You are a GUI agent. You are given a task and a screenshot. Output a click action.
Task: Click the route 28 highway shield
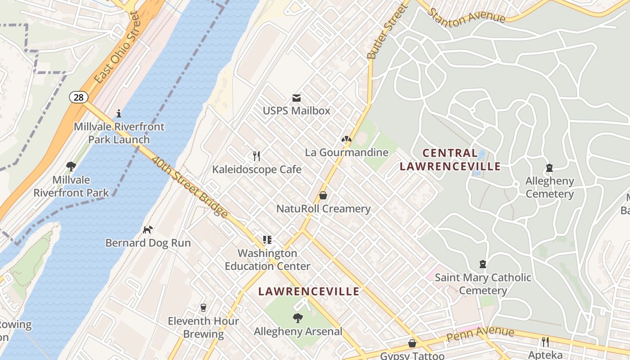click(78, 97)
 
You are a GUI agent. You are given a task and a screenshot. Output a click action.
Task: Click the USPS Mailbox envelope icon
click(297, 98)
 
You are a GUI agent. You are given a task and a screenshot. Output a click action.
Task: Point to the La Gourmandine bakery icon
click(346, 139)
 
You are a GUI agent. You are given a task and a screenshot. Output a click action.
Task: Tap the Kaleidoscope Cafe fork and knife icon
click(256, 156)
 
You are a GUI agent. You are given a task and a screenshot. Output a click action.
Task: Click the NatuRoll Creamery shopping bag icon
click(323, 195)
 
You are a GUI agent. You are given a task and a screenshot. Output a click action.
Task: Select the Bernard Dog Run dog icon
click(148, 229)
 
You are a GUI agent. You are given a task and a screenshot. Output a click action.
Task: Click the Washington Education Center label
click(267, 260)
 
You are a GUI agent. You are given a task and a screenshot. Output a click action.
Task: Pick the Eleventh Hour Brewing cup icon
click(203, 308)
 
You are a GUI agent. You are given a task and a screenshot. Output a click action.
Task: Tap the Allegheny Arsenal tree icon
click(298, 318)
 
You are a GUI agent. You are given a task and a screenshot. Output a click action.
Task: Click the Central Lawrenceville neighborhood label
click(450, 160)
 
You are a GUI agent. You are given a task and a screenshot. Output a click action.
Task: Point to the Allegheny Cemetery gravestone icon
click(549, 168)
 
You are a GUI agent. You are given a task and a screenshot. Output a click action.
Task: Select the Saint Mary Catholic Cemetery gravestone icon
click(483, 264)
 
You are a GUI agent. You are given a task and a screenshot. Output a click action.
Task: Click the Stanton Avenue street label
click(466, 16)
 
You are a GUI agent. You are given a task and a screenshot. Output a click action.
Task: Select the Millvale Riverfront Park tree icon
click(71, 166)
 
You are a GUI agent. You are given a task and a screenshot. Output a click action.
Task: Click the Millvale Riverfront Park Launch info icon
click(119, 113)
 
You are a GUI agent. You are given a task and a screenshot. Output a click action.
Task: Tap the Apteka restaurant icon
click(545, 342)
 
